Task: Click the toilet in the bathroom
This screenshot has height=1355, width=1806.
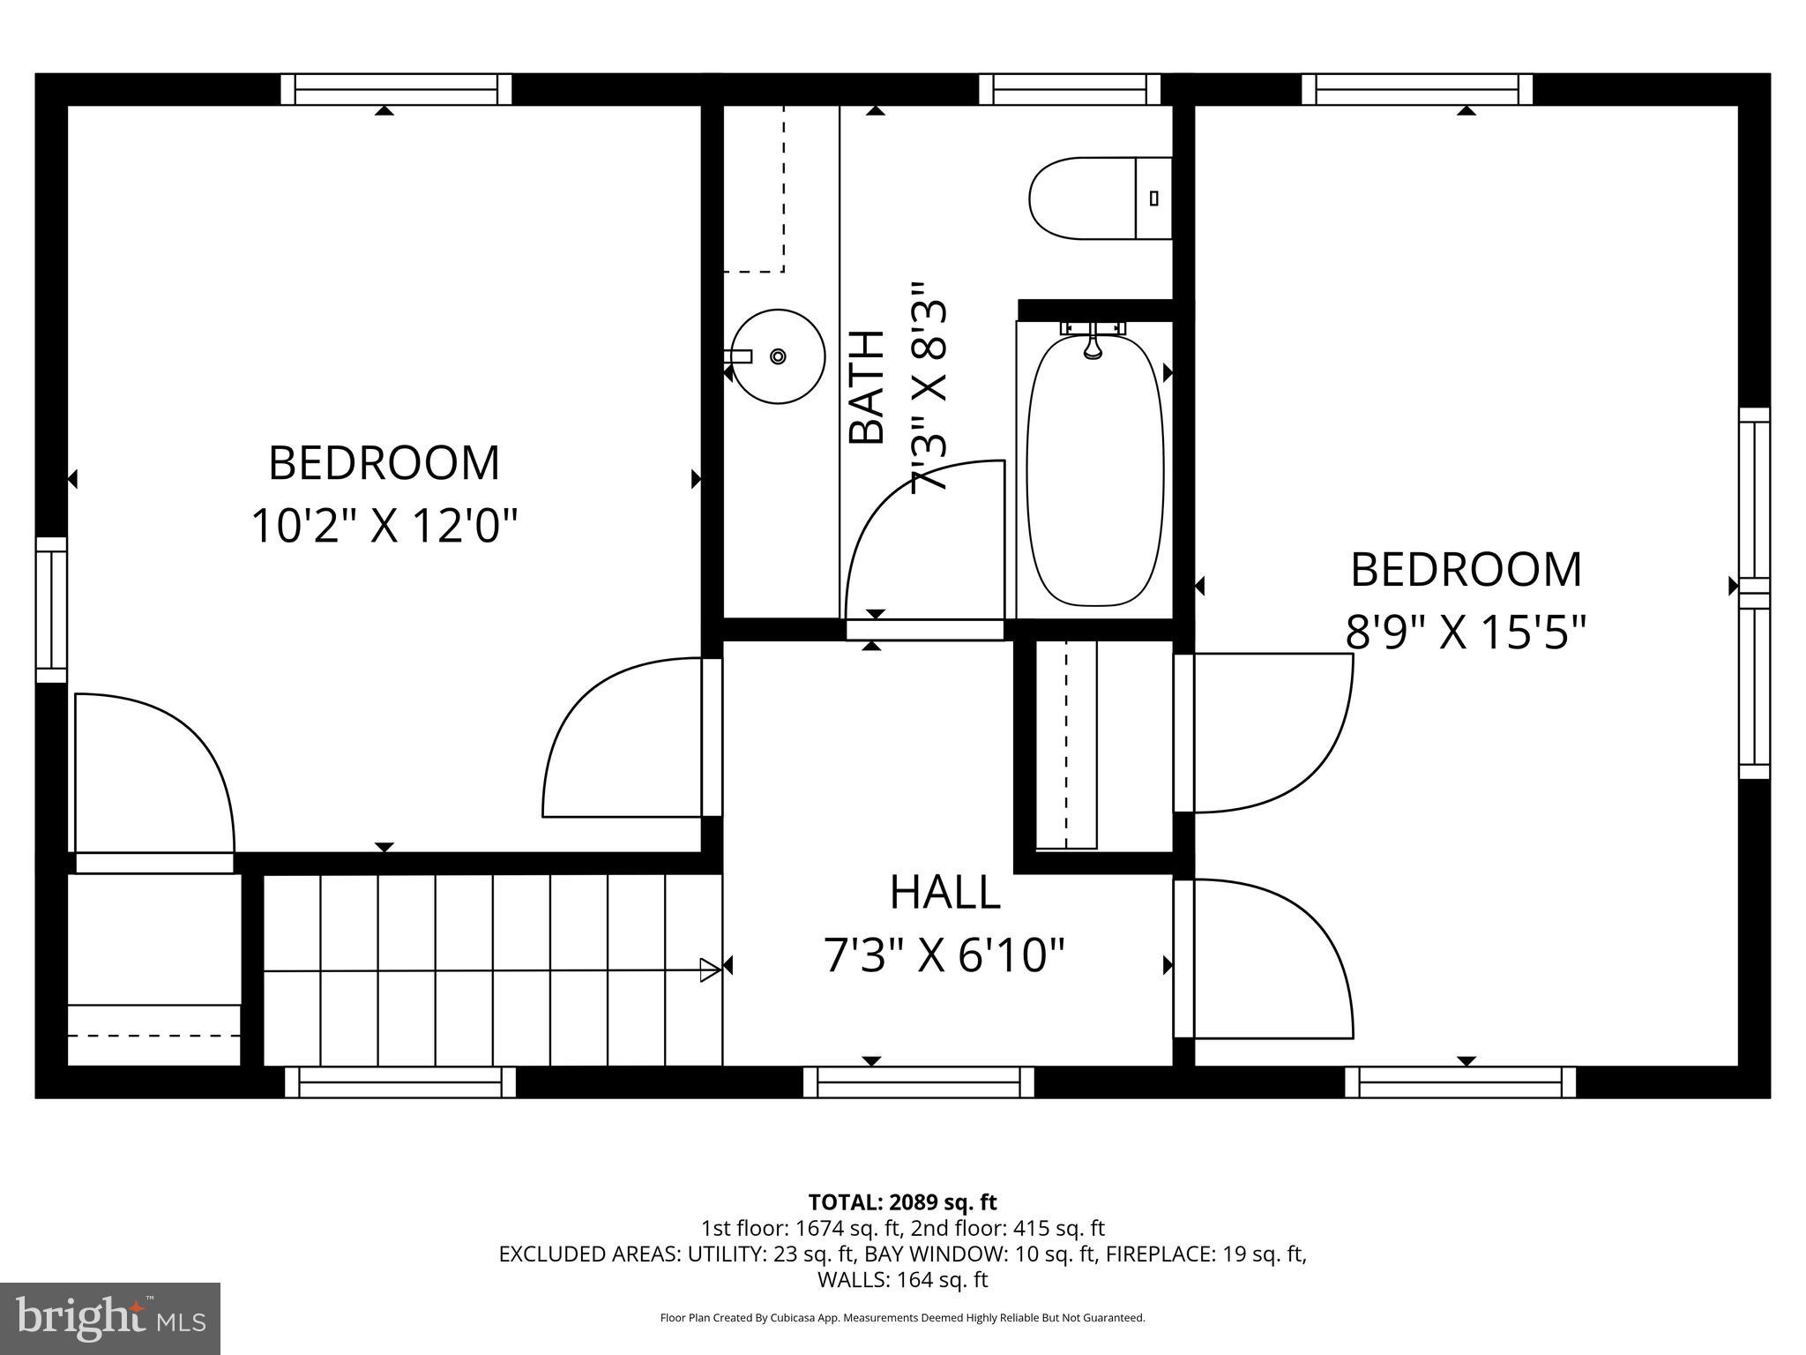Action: (1098, 198)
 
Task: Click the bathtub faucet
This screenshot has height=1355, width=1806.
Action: (1093, 341)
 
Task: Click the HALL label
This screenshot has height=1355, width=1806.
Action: (944, 893)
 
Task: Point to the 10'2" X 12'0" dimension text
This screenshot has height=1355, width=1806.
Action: (384, 527)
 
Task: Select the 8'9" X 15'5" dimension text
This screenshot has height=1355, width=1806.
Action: (1466, 632)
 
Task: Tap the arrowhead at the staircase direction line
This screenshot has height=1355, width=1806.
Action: (710, 969)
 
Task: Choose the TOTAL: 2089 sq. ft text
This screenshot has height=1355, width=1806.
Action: (902, 1202)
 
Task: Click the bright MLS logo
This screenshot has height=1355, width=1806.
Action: (109, 1319)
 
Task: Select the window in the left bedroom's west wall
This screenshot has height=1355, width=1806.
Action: (51, 610)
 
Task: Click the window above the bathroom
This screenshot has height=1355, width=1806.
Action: (1070, 89)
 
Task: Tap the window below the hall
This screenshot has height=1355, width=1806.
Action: (918, 1082)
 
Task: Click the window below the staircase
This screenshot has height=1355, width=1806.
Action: (399, 1082)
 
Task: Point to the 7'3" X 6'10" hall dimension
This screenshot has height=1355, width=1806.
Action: (944, 955)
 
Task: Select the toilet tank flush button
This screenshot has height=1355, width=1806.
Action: (1153, 198)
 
